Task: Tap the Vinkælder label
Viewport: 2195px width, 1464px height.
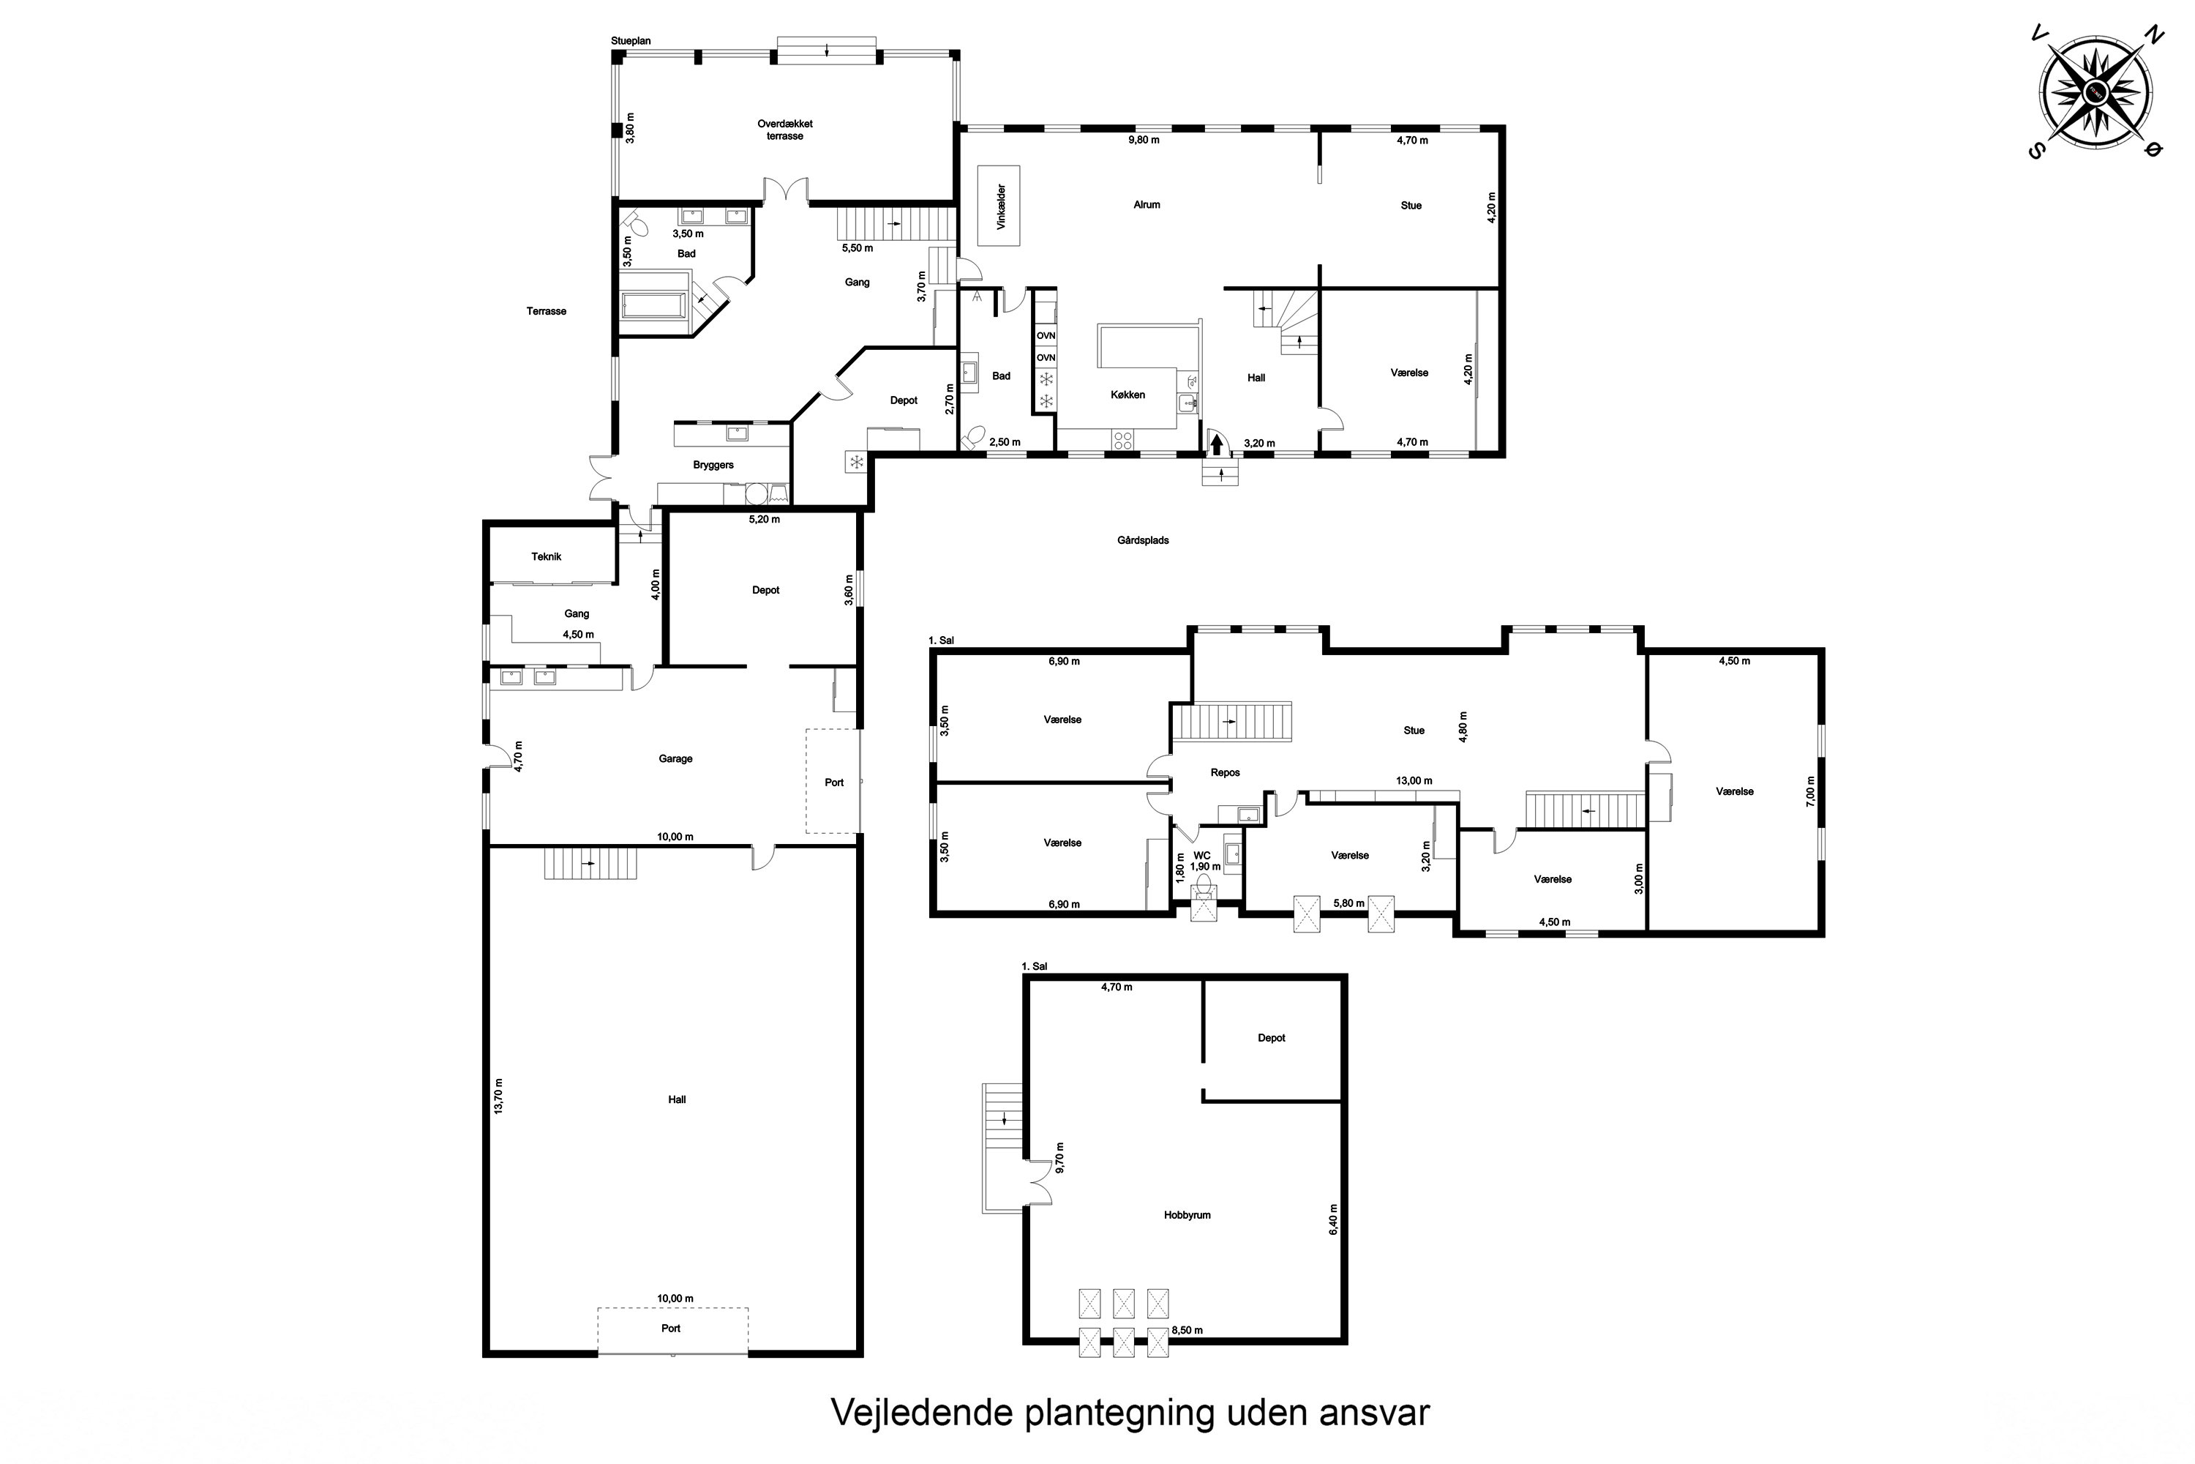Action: (1000, 206)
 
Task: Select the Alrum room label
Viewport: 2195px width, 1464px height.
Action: (1147, 204)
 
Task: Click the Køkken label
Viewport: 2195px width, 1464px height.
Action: (1127, 395)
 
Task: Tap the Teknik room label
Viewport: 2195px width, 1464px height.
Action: (547, 556)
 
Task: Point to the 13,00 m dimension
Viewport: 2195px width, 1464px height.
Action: (1414, 780)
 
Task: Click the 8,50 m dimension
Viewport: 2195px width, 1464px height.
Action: (1187, 1331)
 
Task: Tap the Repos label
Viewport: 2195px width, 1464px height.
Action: (1226, 772)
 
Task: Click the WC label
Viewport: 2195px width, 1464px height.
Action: (1202, 855)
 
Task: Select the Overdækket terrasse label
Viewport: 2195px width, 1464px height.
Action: (785, 130)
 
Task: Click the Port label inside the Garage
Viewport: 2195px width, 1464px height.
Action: (834, 783)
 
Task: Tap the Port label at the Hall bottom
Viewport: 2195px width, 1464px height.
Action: (671, 1328)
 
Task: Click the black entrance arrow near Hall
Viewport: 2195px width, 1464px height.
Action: (1216, 444)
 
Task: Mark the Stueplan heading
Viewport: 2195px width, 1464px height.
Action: (631, 41)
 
